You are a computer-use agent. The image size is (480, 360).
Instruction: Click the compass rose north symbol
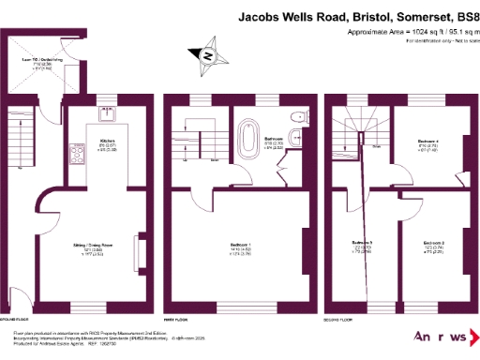pyautogui.click(x=208, y=54)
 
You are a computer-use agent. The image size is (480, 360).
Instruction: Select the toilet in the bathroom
pyautogui.click(x=297, y=117)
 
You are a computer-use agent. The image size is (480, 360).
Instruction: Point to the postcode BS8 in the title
pyautogui.click(x=466, y=16)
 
